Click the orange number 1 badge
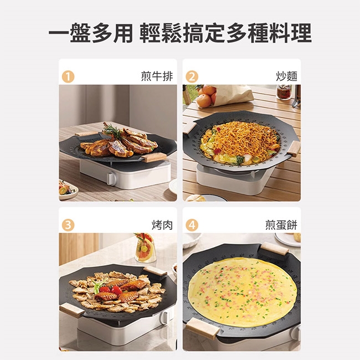[68, 76]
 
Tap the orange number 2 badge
[192, 76]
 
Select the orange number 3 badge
[68, 225]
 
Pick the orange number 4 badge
[192, 225]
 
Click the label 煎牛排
[157, 76]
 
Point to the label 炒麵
[286, 76]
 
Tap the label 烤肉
[162, 225]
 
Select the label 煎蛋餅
[281, 225]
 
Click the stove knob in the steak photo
[111, 179]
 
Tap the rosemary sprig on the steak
[113, 130]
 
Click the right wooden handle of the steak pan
[154, 157]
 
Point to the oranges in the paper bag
[206, 96]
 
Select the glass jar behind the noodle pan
[284, 92]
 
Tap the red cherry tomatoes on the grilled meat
[111, 290]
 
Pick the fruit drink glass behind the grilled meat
[145, 248]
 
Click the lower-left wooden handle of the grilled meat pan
[72, 310]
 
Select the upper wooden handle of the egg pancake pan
[275, 249]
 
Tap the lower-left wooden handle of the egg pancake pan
[203, 328]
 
